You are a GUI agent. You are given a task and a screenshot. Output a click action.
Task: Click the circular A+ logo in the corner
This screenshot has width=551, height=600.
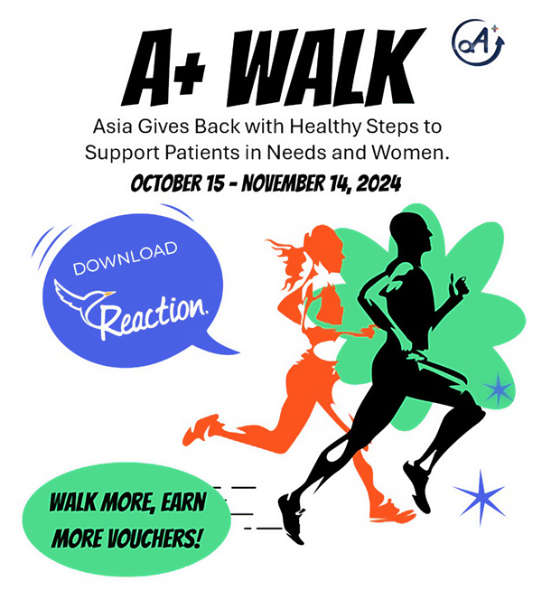point(478,42)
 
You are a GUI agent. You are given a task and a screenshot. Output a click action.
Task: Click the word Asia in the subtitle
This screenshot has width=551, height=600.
point(113,127)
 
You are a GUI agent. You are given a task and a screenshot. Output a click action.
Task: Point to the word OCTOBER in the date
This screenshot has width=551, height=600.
point(166,183)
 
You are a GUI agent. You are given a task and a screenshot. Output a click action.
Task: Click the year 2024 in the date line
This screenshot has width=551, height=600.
point(378,183)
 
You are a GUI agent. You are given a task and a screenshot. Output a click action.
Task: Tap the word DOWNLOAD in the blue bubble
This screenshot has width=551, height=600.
point(126,258)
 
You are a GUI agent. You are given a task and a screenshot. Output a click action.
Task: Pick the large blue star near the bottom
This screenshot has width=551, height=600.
point(481,497)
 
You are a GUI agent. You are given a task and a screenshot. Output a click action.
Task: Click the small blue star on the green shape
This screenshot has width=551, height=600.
point(498,389)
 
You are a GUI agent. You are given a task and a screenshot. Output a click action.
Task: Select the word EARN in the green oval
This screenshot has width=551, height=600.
point(183,502)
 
